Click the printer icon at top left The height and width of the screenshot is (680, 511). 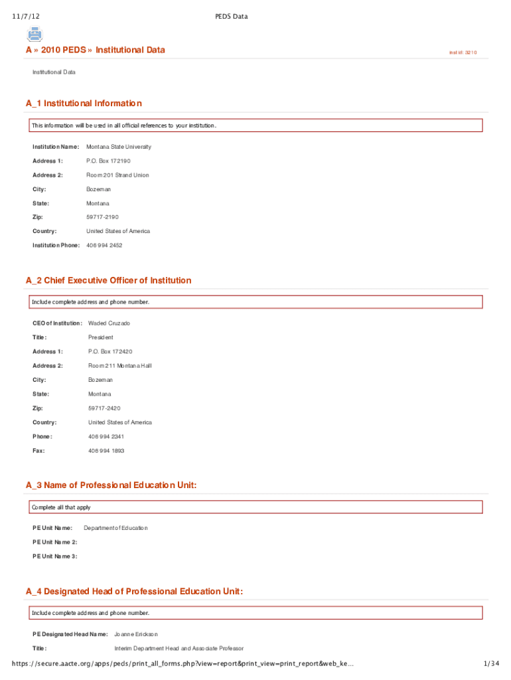coord(35,34)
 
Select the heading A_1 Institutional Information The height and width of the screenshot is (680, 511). coord(84,104)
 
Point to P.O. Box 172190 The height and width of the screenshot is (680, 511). coord(108,161)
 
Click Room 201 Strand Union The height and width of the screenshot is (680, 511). coord(117,175)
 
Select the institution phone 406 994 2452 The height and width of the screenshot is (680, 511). coord(104,246)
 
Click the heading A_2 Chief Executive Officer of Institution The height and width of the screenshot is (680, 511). coord(108,281)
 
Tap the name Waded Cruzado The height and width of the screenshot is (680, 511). coord(109,323)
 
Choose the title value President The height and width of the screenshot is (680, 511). coord(101,337)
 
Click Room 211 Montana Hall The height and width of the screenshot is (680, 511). coord(120,366)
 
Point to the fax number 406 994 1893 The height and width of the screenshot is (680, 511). coord(106,451)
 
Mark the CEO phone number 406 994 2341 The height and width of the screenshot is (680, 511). coord(106,437)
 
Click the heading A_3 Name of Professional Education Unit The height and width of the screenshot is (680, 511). coord(111,486)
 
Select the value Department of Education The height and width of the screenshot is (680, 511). coord(115,528)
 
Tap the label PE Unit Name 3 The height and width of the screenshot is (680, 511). coord(54,556)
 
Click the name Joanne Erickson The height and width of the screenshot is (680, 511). coord(136,634)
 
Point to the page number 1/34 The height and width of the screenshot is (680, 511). coord(491,663)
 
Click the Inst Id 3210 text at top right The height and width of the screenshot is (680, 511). coord(463,52)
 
